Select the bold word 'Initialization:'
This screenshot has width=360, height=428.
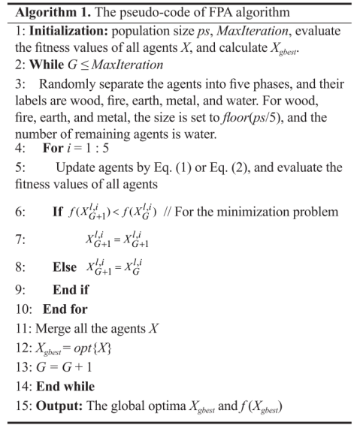point(57,32)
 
